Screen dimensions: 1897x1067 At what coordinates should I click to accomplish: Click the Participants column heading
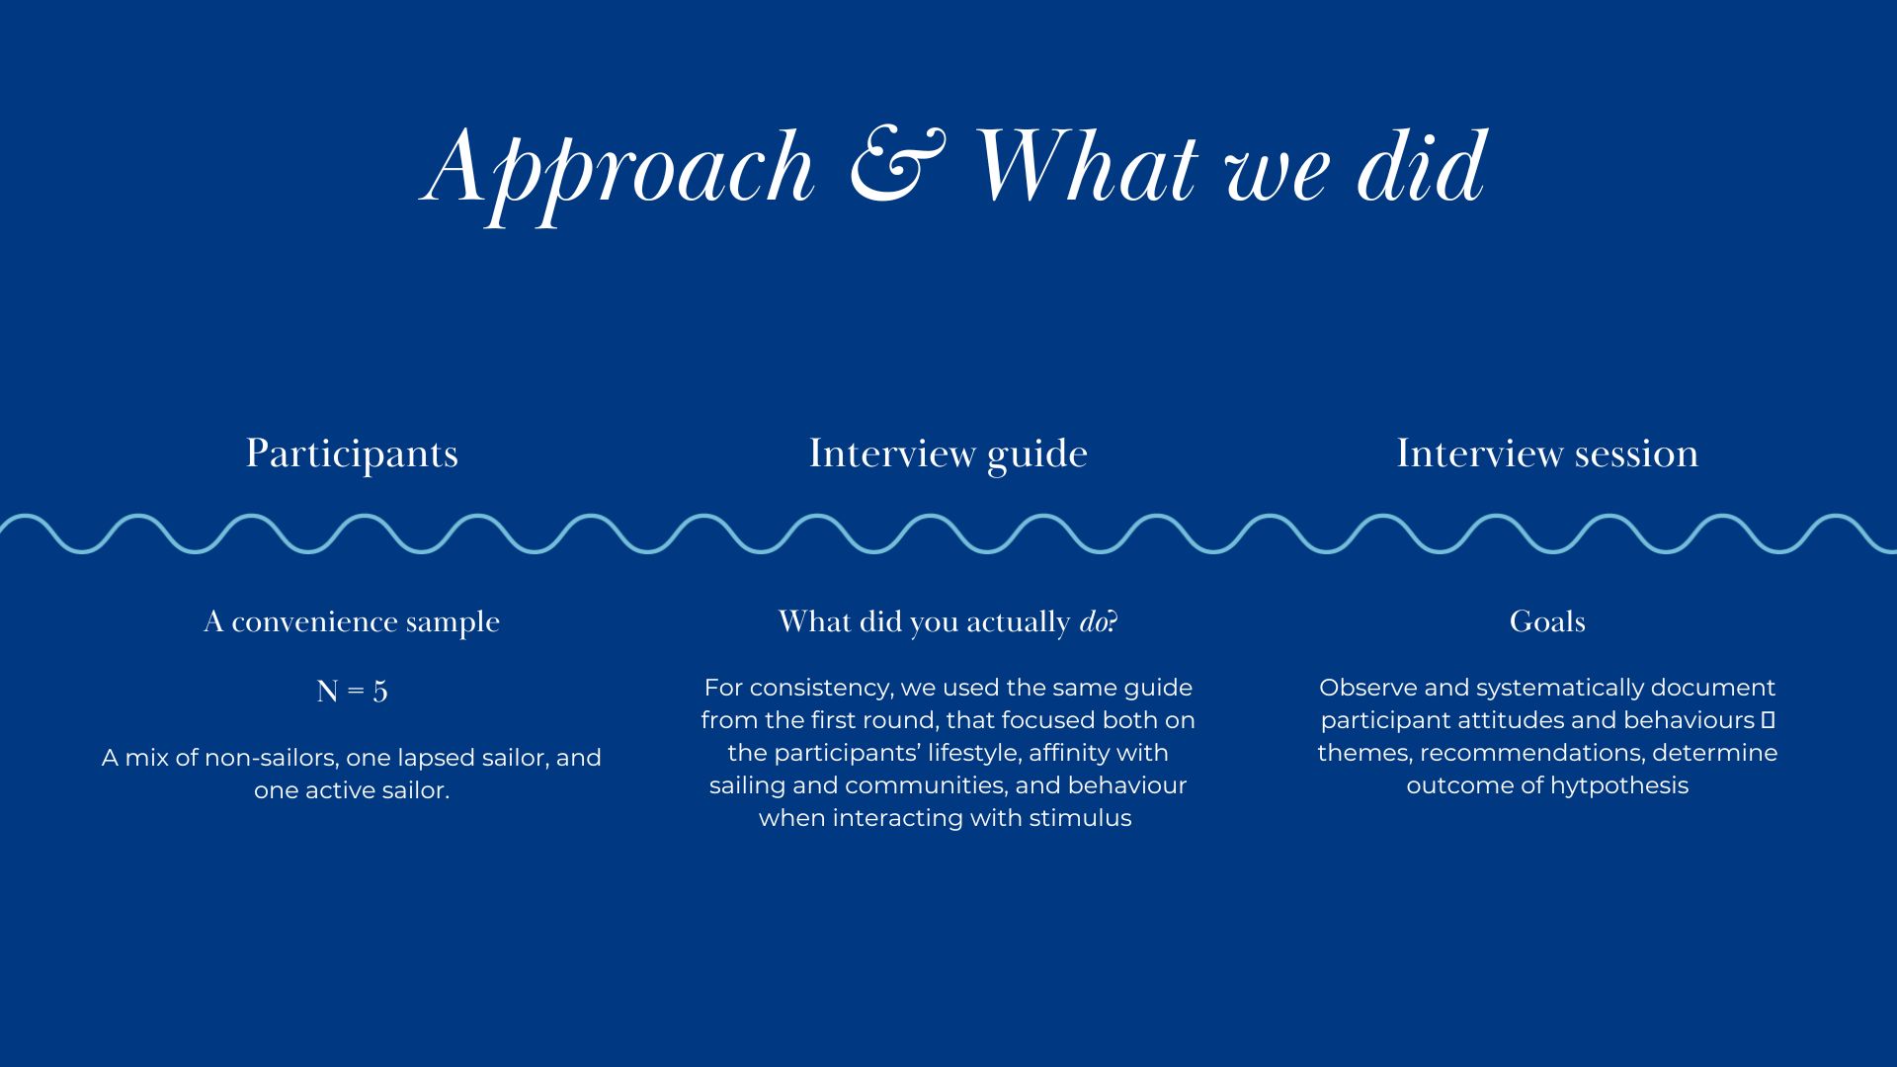coord(352,454)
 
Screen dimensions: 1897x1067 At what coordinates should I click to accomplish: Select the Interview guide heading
coord(948,454)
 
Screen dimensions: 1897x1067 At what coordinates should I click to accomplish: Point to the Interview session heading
coord(1547,453)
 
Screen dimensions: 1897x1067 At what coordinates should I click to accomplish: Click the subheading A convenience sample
coord(352,622)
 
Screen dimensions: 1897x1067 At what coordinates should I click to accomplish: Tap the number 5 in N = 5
coord(380,692)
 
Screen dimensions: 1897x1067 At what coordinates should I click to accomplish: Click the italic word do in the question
coord(1093,622)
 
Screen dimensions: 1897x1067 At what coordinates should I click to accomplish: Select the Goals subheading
coord(1547,621)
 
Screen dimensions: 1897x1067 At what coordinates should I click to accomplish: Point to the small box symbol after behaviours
coord(1768,719)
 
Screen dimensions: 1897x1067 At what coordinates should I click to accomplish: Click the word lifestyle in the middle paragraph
coord(973,754)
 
